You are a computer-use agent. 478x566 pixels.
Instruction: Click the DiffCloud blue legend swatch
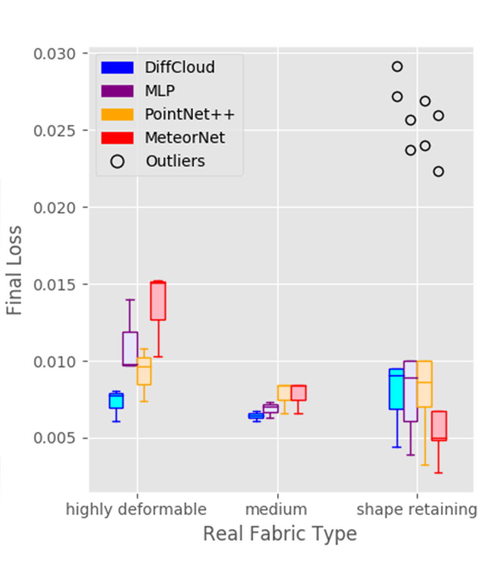pos(117,68)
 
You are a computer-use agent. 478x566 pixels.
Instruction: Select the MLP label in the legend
pos(160,91)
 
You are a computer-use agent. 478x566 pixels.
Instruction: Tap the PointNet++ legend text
pos(190,115)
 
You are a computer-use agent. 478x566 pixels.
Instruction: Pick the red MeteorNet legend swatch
pos(117,138)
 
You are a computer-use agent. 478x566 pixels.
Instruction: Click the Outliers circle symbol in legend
pos(117,162)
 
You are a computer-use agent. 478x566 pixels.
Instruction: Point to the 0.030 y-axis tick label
pos(54,54)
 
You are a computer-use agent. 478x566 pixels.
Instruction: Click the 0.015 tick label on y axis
pos(54,285)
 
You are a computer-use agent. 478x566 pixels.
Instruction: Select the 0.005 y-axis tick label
pos(54,438)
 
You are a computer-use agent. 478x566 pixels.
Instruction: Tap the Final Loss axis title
pos(14,270)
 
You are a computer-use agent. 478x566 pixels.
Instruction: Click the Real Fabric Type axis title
pos(280,534)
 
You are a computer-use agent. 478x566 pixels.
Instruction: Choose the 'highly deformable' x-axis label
pos(136,509)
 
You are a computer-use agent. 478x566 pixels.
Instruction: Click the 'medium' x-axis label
pos(276,509)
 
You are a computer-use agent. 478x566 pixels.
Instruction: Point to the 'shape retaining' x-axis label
pos(417,509)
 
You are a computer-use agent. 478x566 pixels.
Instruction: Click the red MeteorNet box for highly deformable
pos(158,301)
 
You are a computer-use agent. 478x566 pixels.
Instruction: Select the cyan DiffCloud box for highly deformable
pos(116,401)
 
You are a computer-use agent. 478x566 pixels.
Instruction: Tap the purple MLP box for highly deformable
pos(130,349)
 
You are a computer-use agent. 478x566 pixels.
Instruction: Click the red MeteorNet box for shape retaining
pos(439,426)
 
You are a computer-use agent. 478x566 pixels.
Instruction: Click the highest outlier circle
pos(397,67)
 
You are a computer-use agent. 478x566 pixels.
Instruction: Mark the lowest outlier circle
pos(438,172)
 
